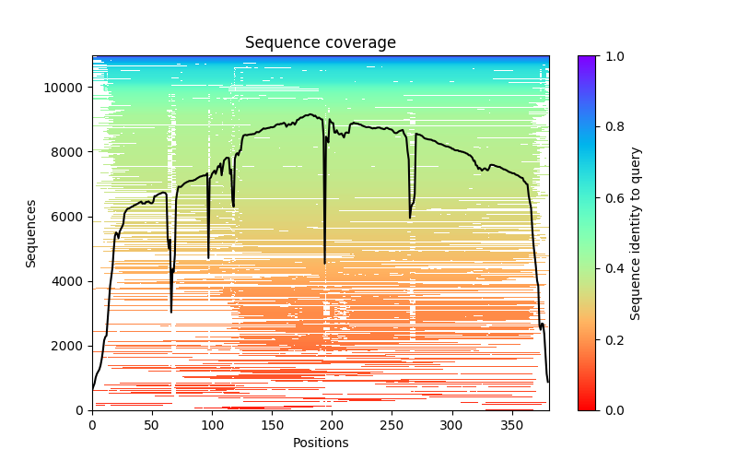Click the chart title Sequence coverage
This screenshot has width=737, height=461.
coord(320,42)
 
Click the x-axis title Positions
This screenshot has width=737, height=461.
coord(320,443)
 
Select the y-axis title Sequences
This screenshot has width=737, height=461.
coord(31,233)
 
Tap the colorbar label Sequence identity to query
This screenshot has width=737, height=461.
coord(636,233)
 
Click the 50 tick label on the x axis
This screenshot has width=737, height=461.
coord(152,424)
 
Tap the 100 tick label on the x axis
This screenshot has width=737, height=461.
coord(212,424)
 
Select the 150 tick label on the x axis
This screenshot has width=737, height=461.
coord(272,424)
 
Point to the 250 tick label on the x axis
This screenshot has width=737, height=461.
coord(392,424)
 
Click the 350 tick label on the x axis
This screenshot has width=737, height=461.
coord(511,424)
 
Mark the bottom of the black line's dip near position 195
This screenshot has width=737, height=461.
coord(324,263)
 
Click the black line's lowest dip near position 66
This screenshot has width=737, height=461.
coord(171,312)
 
